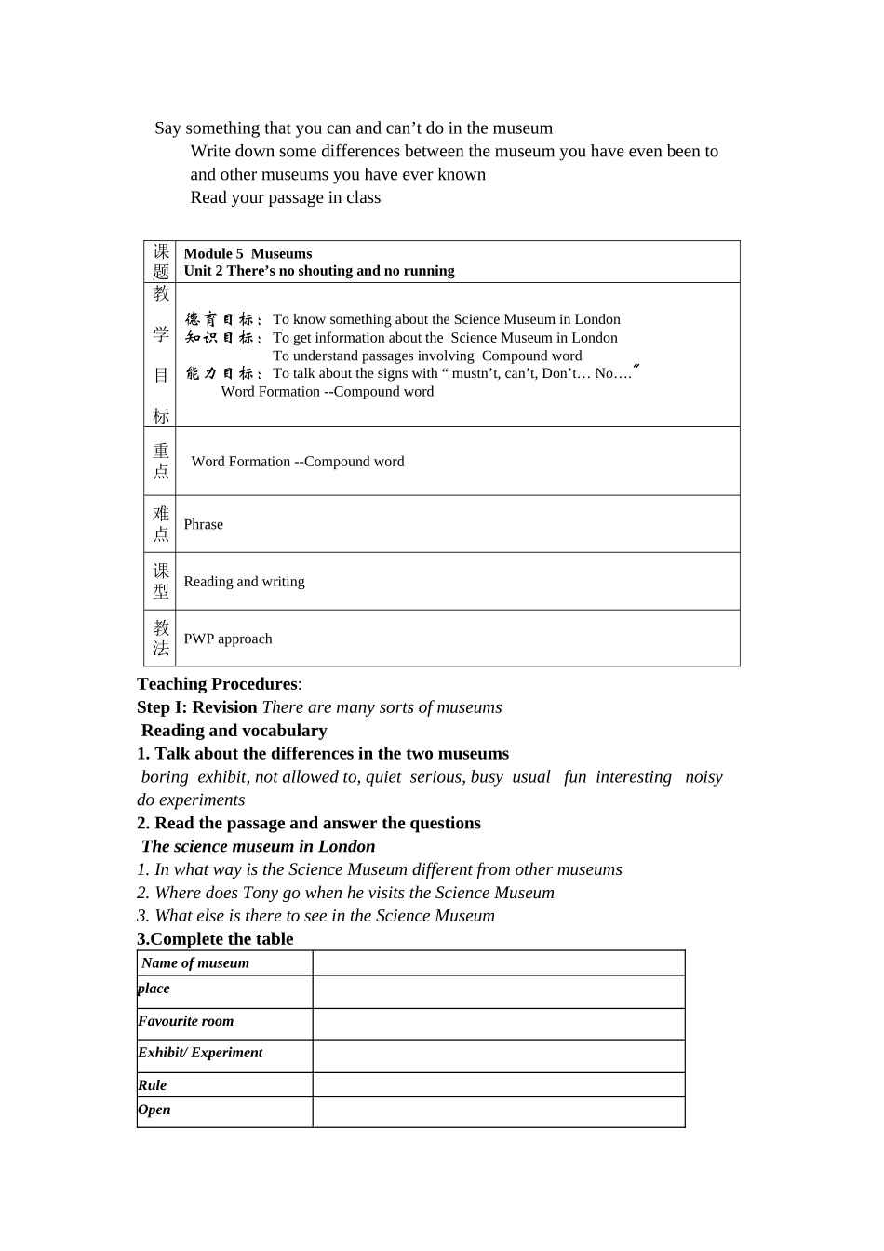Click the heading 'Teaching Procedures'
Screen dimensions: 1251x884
217,684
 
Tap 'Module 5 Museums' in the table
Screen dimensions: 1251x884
248,253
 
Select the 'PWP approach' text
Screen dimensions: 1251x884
228,639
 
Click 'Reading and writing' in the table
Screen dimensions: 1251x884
244,582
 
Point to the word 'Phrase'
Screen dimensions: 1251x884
203,524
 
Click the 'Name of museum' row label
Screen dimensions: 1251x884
195,963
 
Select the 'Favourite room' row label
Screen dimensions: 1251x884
186,1021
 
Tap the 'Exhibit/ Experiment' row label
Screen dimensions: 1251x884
200,1053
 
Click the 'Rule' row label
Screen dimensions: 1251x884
153,1085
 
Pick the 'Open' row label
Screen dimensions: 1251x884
154,1110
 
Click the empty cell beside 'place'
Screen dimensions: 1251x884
498,992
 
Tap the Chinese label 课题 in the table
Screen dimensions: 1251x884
161,262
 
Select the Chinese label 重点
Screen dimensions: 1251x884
161,461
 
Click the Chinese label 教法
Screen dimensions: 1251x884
161,639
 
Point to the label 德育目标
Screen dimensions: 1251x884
223,319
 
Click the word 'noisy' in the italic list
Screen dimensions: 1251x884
703,777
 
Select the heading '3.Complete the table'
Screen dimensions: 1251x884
215,939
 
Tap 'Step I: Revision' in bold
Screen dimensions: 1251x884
197,707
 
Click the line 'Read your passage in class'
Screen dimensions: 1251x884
286,197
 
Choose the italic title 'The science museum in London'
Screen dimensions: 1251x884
258,846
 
